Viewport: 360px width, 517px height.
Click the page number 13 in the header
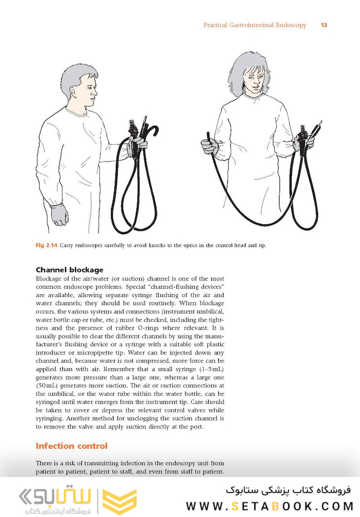point(324,25)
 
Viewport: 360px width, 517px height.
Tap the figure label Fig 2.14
point(46,246)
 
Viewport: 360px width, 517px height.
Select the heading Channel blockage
point(69,270)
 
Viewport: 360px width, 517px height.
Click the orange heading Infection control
point(72,446)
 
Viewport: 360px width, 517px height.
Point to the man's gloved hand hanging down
point(59,214)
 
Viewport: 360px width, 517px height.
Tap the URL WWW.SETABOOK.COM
point(269,506)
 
